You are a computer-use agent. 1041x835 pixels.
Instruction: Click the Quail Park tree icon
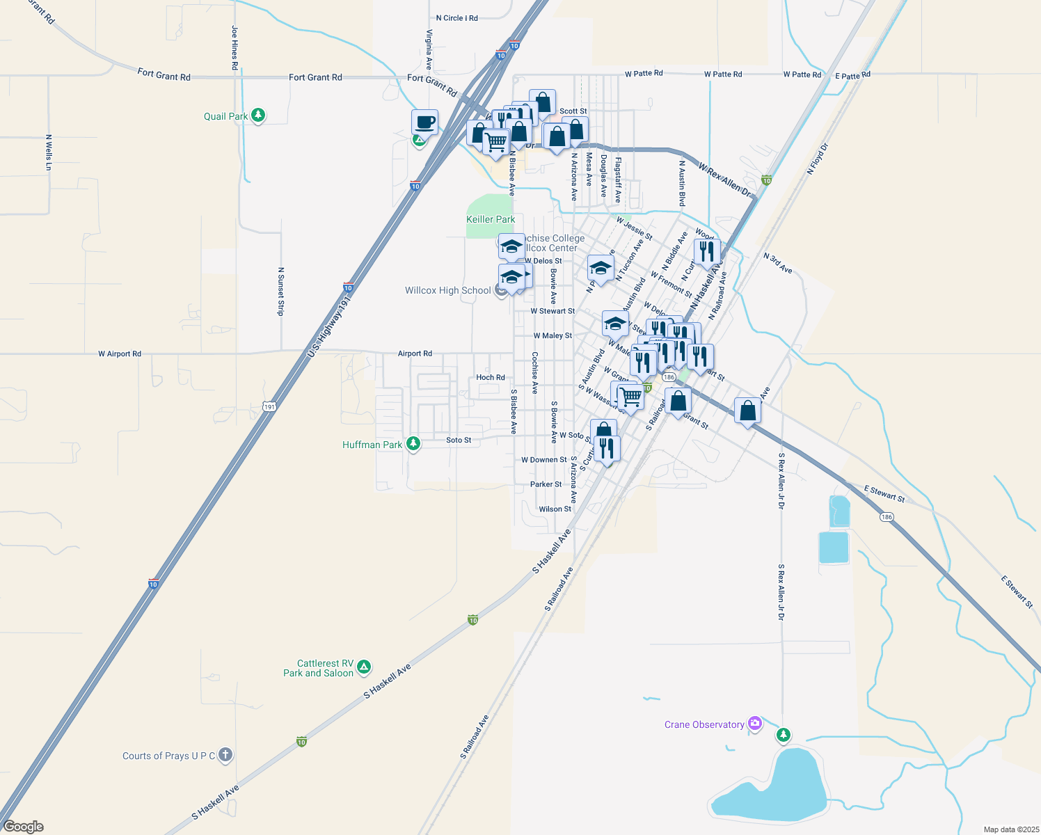258,115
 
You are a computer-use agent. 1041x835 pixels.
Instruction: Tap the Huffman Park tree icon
413,443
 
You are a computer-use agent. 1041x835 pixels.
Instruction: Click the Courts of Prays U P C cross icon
225,755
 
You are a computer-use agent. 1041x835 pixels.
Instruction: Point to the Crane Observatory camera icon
754,724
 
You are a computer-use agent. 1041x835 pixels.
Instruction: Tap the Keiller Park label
491,219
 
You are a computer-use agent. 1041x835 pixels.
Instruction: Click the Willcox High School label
448,290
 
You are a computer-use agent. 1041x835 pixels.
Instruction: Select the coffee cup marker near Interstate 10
424,122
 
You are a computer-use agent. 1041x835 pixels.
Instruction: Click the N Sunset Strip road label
281,291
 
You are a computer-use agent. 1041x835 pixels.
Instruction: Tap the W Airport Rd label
120,354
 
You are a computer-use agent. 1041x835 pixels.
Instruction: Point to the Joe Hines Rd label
235,48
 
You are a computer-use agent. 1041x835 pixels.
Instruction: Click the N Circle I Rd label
456,18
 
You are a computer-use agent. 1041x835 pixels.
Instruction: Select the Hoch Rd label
491,378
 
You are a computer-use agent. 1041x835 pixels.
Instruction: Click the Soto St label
459,440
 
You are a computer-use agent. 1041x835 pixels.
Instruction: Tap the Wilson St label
555,509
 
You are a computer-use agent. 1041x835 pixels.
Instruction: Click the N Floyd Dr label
818,159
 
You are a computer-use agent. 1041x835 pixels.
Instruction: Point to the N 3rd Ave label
777,263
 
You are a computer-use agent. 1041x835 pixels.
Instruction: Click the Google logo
24,827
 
